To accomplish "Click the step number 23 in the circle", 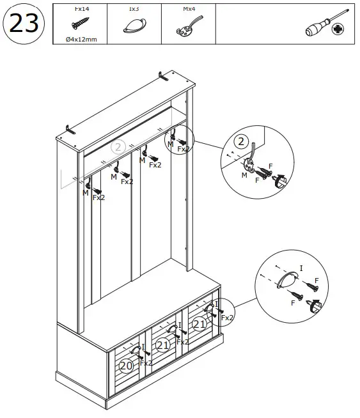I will point(22,24).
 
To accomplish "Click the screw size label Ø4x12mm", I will point(81,38).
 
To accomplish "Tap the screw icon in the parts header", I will point(81,24).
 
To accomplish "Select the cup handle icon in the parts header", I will point(134,26).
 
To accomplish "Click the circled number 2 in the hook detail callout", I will point(241,142).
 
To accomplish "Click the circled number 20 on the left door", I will point(127,365).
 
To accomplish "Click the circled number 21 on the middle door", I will point(163,345).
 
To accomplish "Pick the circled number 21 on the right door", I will point(200,324).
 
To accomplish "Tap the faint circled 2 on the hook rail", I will point(118,147).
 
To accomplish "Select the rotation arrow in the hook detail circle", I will point(279,183).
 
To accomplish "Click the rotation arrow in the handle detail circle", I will point(314,307).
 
